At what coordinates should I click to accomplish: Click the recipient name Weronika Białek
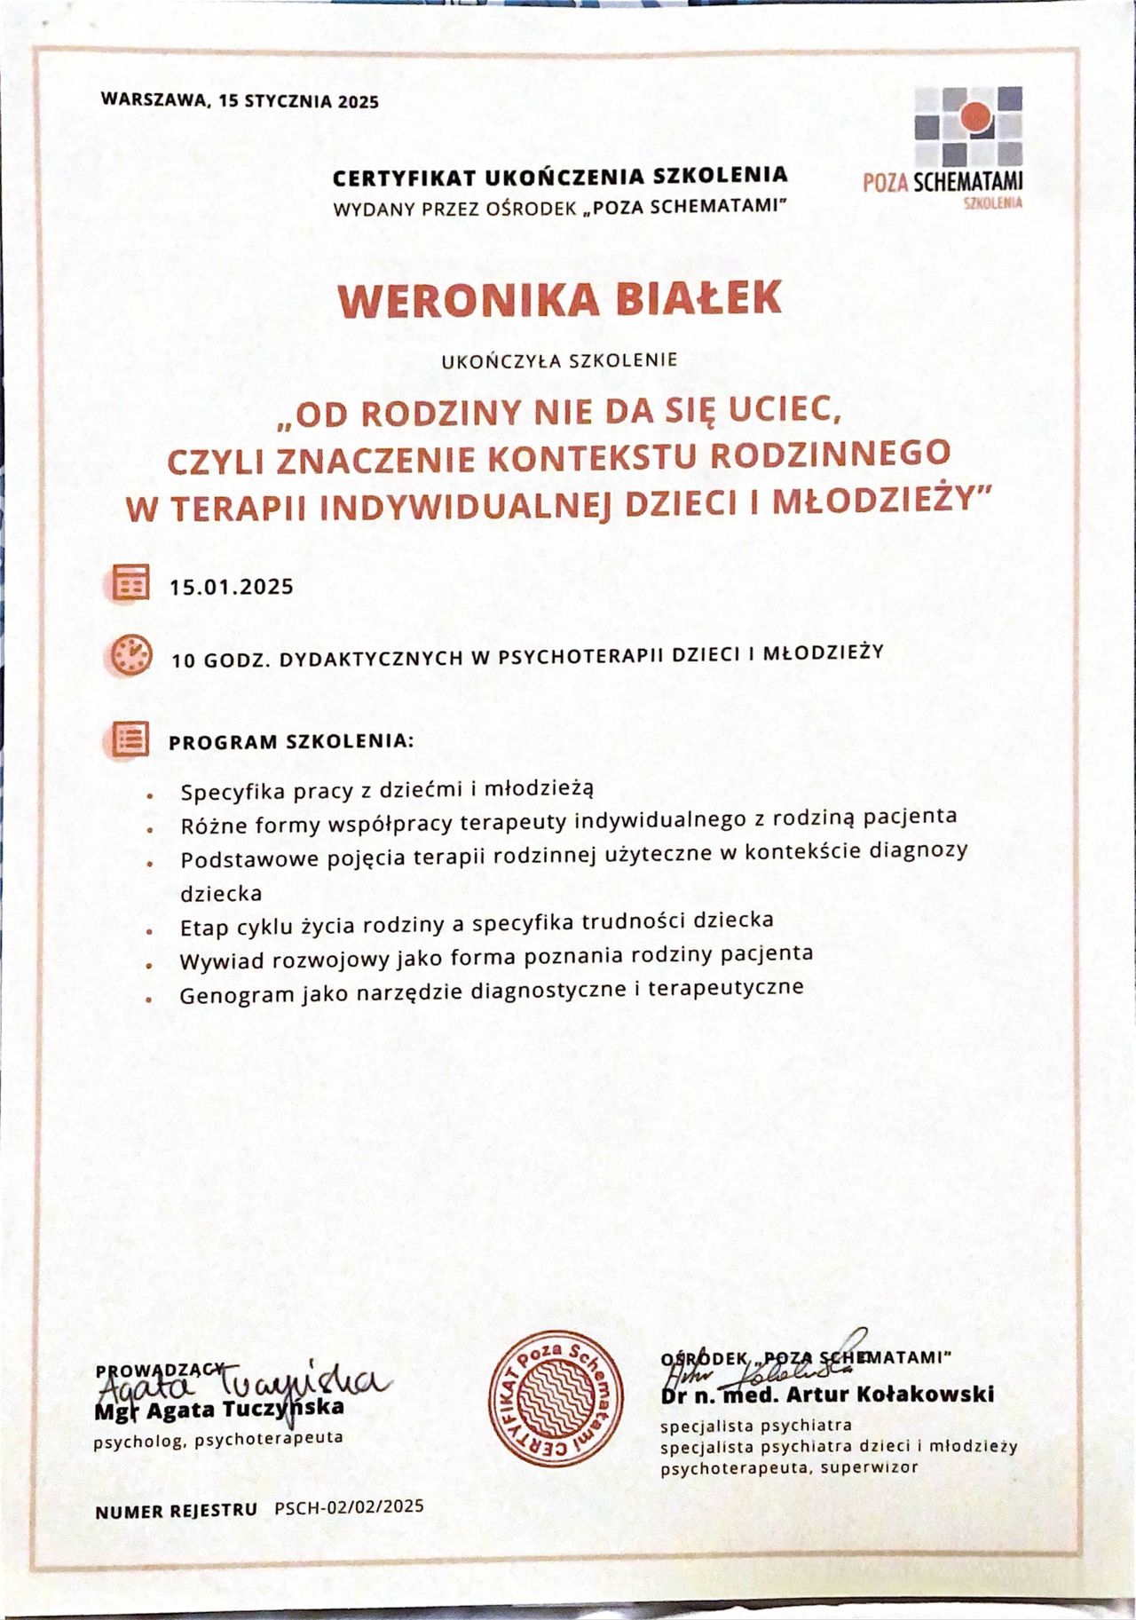click(560, 299)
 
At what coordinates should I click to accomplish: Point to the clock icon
click(131, 656)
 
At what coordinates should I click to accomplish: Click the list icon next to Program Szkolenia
click(131, 739)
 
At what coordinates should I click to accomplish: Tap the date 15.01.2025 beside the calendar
click(232, 587)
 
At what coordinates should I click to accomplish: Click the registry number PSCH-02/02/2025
click(349, 1506)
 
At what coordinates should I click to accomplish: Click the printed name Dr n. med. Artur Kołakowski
click(827, 1395)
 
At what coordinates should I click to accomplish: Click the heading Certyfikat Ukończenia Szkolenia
click(560, 177)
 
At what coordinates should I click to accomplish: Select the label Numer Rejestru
click(177, 1510)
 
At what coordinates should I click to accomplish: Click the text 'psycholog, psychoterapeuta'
click(218, 1439)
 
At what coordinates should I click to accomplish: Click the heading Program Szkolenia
click(291, 742)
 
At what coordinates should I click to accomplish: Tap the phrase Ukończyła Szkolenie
click(559, 360)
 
